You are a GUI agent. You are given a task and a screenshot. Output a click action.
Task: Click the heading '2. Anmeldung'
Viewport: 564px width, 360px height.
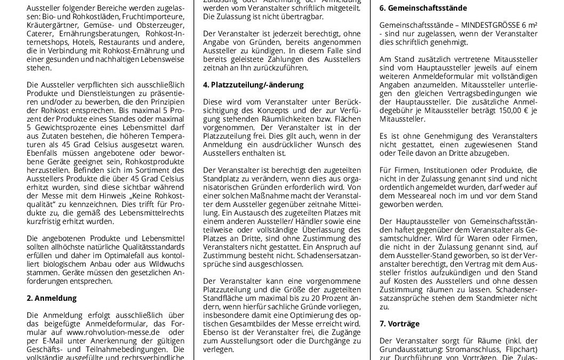52,298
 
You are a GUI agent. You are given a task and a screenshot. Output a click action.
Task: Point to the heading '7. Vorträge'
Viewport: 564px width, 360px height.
399,324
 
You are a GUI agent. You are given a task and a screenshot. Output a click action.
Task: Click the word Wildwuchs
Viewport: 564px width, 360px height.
162,263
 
